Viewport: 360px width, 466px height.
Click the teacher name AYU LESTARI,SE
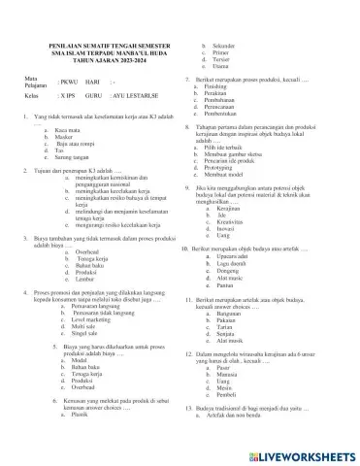pyautogui.click(x=134, y=125)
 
